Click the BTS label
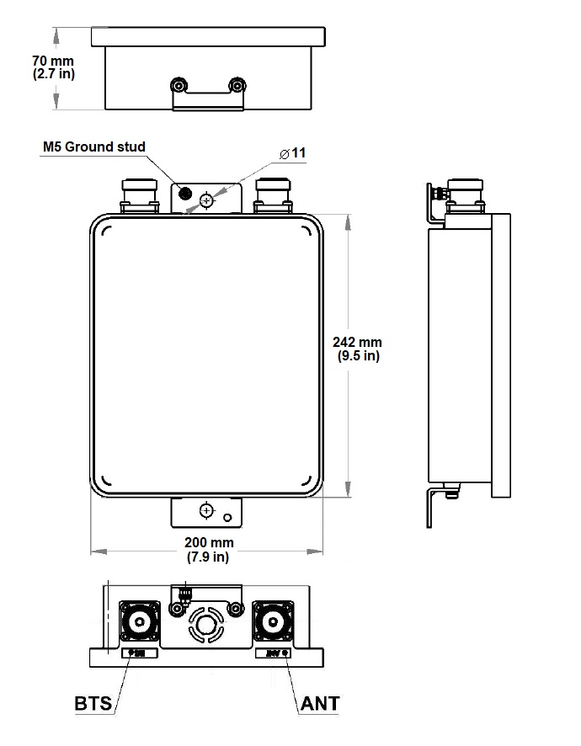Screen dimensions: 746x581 [x=93, y=703]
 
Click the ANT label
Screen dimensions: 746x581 [x=320, y=703]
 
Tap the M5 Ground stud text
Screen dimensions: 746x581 [x=94, y=147]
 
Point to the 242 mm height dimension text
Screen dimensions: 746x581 [x=358, y=343]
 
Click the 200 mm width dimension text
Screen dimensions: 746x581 [x=210, y=542]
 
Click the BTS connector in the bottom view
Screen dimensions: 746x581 [x=139, y=623]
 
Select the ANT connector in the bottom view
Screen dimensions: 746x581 [x=273, y=623]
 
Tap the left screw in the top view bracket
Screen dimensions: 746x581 [x=178, y=86]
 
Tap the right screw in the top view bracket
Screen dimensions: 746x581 [x=237, y=86]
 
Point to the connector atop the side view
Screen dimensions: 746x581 [x=466, y=194]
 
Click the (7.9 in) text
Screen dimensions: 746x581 [x=210, y=557]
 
